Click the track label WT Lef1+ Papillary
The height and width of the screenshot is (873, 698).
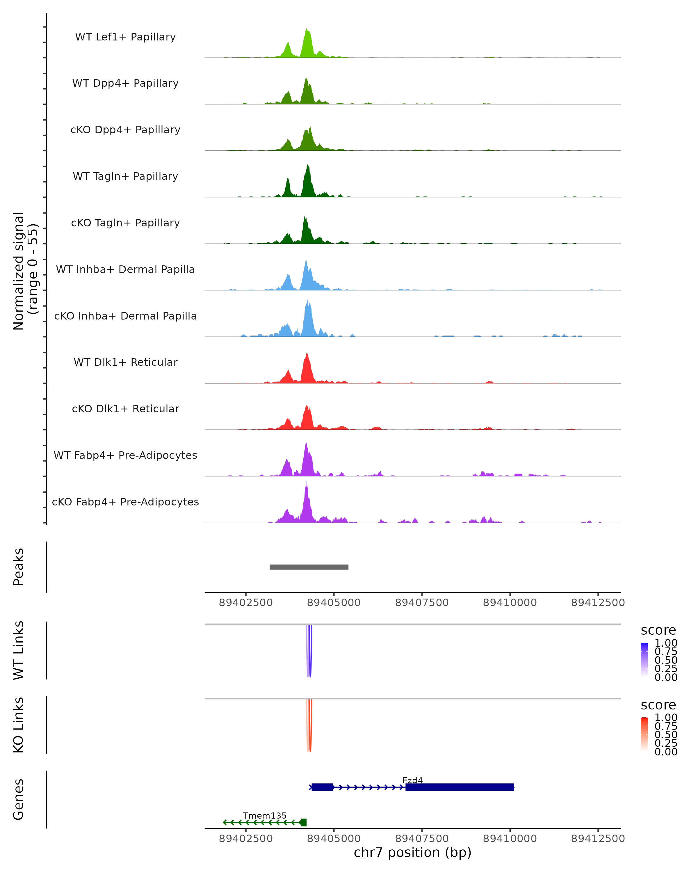(x=125, y=37)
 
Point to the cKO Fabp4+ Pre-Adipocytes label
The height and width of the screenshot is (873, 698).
(x=125, y=502)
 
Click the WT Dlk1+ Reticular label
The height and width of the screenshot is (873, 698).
(x=125, y=362)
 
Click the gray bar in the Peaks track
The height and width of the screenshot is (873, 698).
(x=309, y=567)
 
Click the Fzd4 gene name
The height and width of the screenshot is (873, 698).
(x=412, y=780)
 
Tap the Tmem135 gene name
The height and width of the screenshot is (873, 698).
(x=265, y=815)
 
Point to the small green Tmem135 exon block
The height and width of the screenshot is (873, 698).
(x=303, y=822)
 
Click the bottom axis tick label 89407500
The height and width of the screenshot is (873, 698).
(x=422, y=839)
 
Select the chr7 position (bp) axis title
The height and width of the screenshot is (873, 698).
(x=412, y=852)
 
